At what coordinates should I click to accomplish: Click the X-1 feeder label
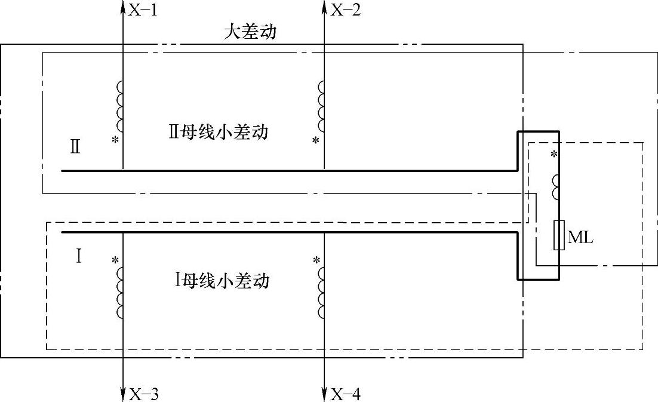(x=143, y=10)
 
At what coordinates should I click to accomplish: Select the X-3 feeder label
(x=143, y=394)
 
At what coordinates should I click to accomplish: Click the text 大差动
(x=250, y=32)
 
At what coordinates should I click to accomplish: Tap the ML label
(x=580, y=238)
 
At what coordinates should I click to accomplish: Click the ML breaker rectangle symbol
(x=559, y=235)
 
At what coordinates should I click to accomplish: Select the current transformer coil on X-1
(x=119, y=106)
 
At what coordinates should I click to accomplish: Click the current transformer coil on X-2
(x=321, y=106)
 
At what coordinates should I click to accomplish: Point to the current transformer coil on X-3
(x=119, y=292)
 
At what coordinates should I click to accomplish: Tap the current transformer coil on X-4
(x=321, y=292)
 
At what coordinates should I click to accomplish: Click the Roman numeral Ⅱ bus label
(x=75, y=147)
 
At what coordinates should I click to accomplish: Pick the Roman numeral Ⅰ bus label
(x=78, y=256)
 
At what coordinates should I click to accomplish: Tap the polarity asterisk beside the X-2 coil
(x=316, y=141)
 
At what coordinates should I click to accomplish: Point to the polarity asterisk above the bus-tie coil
(x=554, y=155)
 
